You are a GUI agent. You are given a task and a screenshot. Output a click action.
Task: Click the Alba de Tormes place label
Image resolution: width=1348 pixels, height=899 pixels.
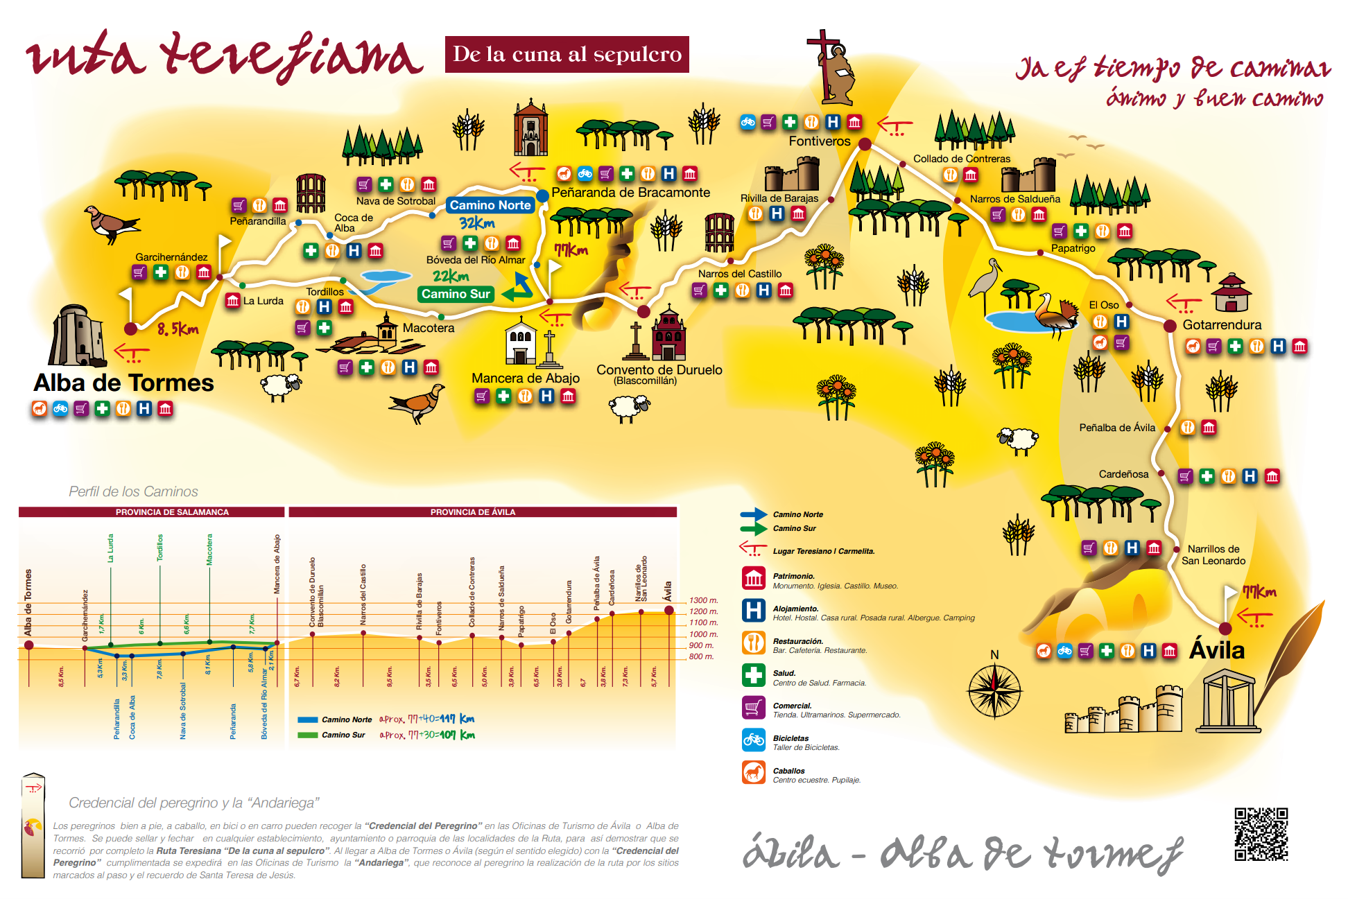pyautogui.click(x=123, y=383)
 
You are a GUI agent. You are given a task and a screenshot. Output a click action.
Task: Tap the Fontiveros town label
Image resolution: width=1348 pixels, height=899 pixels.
pyautogui.click(x=819, y=141)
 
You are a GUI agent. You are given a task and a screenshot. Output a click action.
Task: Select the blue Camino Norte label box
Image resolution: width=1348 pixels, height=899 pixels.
pyautogui.click(x=490, y=205)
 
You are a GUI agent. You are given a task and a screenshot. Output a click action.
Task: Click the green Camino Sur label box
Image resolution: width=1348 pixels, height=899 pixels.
pyautogui.click(x=456, y=294)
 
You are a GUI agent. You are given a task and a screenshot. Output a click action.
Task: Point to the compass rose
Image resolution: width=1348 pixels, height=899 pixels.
pyautogui.click(x=994, y=690)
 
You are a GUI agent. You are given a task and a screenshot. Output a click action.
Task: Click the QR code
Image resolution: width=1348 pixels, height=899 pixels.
pyautogui.click(x=1261, y=834)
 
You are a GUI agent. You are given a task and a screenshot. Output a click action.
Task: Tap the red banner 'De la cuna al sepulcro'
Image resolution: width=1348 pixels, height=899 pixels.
pyautogui.click(x=567, y=54)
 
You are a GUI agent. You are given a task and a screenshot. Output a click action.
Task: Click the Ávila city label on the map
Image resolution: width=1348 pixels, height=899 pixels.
pyautogui.click(x=1217, y=650)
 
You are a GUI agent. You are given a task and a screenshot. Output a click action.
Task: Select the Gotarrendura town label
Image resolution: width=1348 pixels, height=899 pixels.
pyautogui.click(x=1221, y=324)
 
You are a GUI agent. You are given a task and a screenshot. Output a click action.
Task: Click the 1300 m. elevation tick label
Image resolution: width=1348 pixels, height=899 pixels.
pyautogui.click(x=703, y=600)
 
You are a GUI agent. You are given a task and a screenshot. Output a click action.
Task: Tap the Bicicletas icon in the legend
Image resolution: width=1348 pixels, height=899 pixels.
pyautogui.click(x=753, y=740)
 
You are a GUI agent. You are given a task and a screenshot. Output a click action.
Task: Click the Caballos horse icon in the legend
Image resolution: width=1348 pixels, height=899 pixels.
pyautogui.click(x=753, y=772)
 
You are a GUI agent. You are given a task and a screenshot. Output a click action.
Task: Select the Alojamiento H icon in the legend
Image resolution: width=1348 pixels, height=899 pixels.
pyautogui.click(x=753, y=611)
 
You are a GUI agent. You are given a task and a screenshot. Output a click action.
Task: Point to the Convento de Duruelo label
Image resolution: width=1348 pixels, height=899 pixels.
pyautogui.click(x=659, y=370)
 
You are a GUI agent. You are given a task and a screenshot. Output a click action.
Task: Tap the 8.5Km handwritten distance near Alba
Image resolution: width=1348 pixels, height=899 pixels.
pyautogui.click(x=178, y=330)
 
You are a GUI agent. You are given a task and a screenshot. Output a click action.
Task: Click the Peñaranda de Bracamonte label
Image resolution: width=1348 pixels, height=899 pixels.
pyautogui.click(x=630, y=193)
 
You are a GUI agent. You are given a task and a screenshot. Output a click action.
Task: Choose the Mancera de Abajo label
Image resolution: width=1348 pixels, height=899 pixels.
pyautogui.click(x=525, y=378)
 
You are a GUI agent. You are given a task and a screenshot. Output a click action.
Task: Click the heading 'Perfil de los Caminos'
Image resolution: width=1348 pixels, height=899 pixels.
pyautogui.click(x=133, y=491)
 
